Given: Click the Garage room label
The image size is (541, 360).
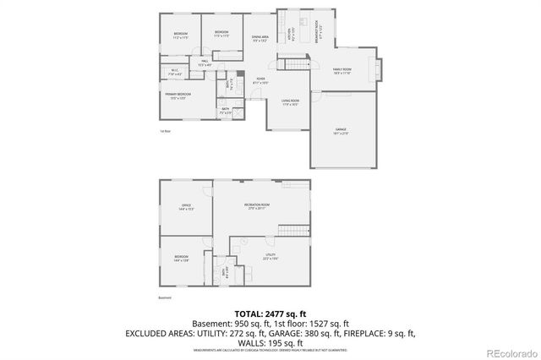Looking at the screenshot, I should click(341, 130).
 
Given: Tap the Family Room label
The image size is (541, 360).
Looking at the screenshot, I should click(342, 70).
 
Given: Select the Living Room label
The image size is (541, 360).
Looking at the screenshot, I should click(291, 102).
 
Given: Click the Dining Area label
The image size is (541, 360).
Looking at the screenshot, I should click(260, 38).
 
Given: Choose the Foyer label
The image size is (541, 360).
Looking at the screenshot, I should click(261, 80).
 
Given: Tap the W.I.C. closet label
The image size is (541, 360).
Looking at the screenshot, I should click(173, 72).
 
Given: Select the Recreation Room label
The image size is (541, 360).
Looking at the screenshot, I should click(257, 206).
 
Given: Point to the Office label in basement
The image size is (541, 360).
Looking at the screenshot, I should click(186, 207).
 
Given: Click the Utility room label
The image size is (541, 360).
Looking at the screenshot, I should click(270, 257).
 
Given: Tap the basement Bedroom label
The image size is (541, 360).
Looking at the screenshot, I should click(181, 257).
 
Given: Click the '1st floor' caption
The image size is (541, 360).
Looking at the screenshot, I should click(165, 132).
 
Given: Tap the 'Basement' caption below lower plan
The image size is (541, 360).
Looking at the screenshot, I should click(165, 297).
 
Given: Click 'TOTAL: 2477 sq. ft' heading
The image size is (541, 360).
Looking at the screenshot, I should click(270, 313).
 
